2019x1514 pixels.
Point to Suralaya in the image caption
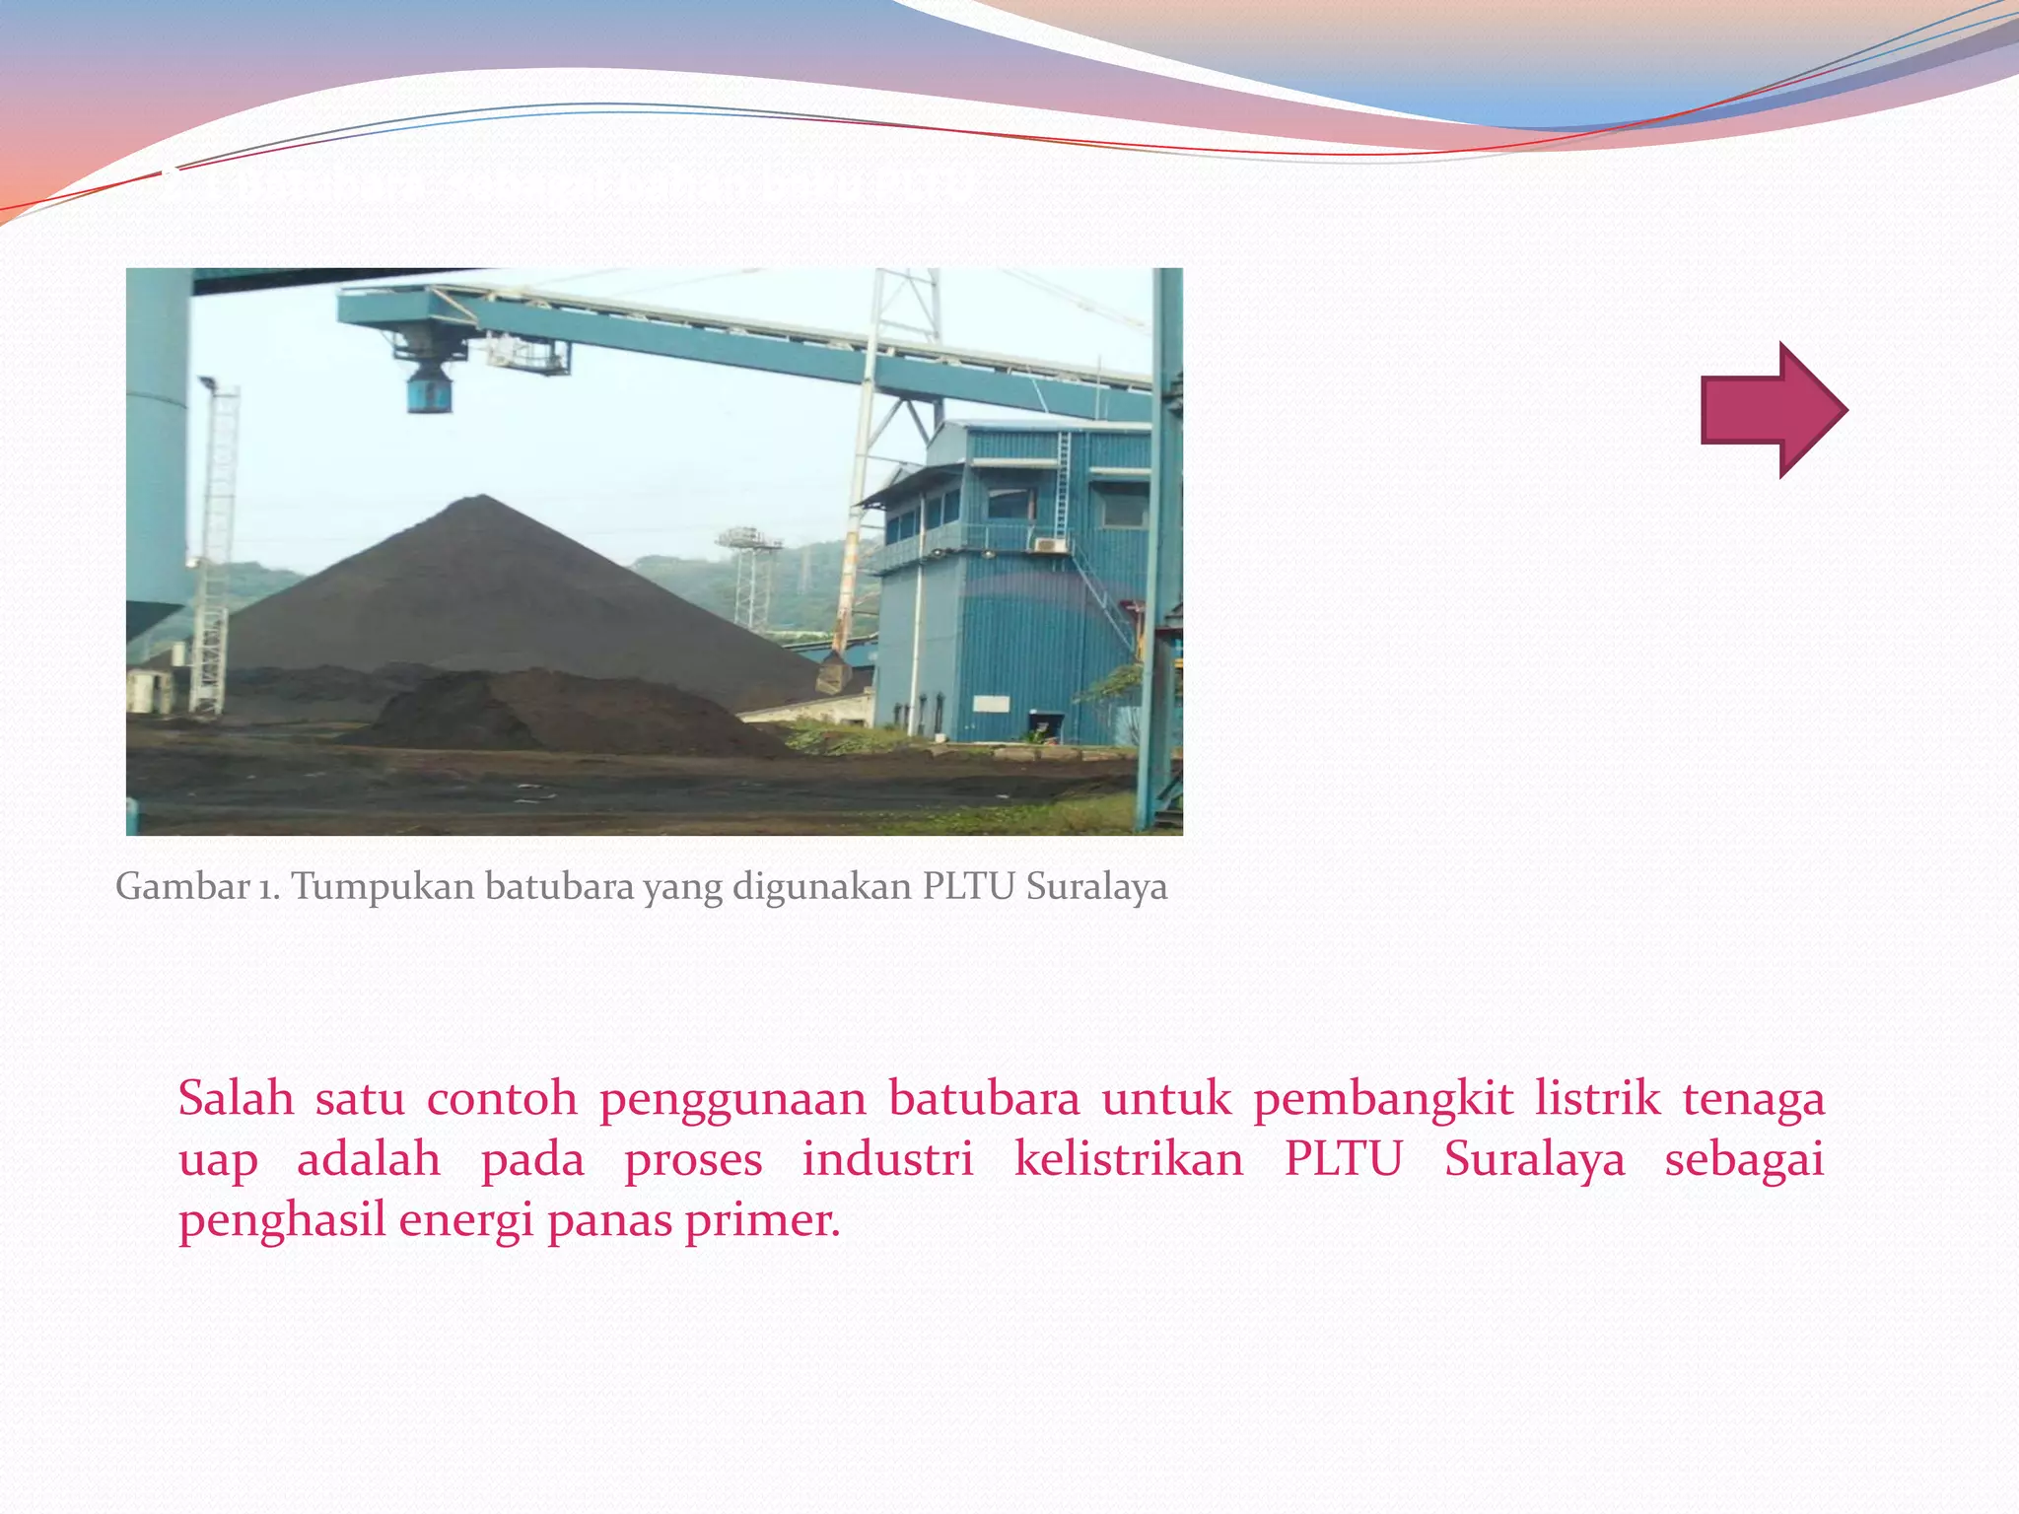click(1096, 887)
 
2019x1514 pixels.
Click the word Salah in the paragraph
click(236, 1098)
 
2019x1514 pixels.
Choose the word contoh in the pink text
click(502, 1098)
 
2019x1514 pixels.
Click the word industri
click(887, 1159)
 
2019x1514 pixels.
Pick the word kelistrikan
click(1129, 1159)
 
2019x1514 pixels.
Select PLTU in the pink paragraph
click(1343, 1159)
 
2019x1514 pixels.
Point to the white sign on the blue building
click(992, 704)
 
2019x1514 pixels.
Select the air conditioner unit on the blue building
click(1049, 543)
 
